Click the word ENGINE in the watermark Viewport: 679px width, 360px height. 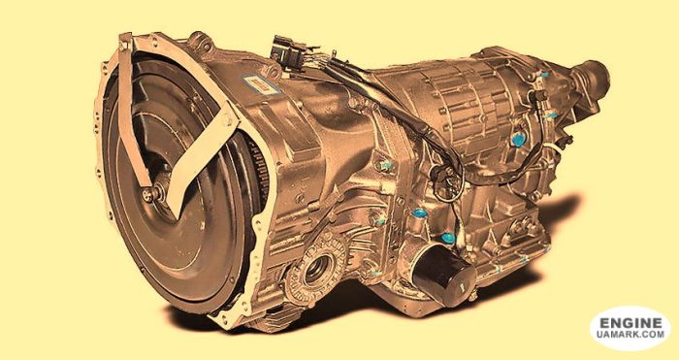click(630, 320)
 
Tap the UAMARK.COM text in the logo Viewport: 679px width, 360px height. click(630, 335)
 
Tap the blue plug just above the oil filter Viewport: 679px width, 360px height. click(447, 237)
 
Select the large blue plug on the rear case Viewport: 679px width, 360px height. click(518, 140)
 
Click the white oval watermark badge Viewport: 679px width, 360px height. click(630, 328)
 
